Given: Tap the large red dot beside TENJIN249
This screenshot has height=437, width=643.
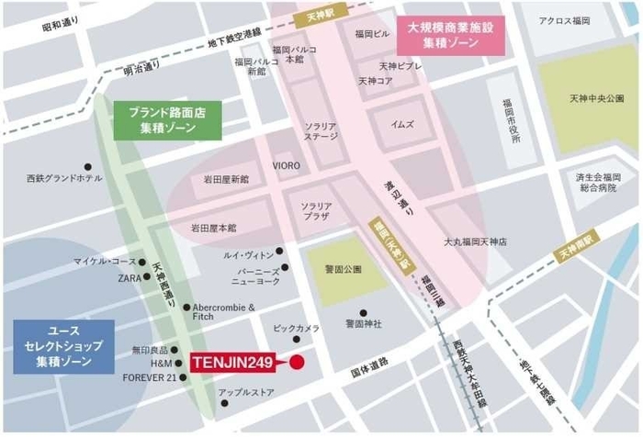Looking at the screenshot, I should pyautogui.click(x=297, y=364).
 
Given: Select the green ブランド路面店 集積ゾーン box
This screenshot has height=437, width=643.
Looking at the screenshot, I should pyautogui.click(x=168, y=120).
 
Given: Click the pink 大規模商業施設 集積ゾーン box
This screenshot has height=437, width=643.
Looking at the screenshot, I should pyautogui.click(x=451, y=36).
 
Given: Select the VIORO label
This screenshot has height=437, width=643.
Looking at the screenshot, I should pyautogui.click(x=286, y=165).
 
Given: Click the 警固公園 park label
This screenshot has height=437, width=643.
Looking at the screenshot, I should pyautogui.click(x=342, y=269).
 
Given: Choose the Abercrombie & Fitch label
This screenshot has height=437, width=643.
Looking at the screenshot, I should pyautogui.click(x=223, y=313).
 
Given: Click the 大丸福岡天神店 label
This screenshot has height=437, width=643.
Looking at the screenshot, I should pyautogui.click(x=476, y=241).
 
